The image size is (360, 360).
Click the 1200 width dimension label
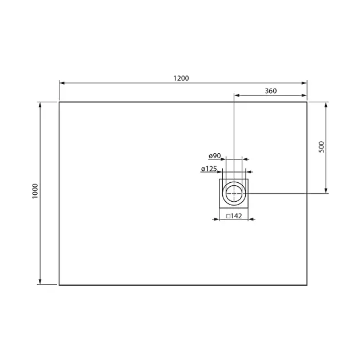pos(181,78)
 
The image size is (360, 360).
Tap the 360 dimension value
pos(271,91)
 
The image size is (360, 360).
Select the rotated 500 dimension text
pos(322,147)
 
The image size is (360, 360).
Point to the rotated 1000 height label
pos(35,191)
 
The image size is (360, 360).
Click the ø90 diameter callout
pos(215,156)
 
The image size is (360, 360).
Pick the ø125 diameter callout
pos(209,169)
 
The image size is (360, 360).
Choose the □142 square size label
pos(234,216)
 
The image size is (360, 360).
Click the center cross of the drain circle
pos(234,193)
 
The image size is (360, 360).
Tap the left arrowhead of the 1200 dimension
pos(62,83)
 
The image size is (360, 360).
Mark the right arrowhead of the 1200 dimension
pos(304,83)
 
